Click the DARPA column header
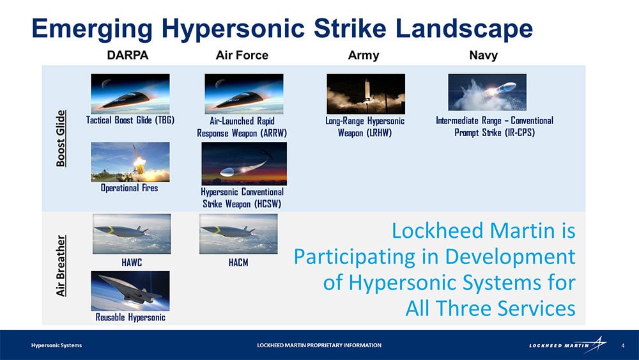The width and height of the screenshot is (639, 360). coord(128,55)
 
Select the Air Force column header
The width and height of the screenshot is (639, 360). coord(242,55)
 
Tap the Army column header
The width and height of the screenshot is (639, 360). coord(364,56)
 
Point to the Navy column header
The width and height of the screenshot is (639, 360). coord(483,56)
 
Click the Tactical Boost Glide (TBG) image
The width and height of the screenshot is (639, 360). coord(130,93)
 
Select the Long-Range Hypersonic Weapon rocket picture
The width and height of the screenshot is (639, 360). coord(366,94)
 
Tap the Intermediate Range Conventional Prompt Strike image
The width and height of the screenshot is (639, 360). coord(488,92)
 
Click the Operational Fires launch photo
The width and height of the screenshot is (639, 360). coord(130,162)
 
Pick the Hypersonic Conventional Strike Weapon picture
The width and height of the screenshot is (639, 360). coord(244,164)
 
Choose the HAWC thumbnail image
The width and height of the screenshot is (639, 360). coord(132,234)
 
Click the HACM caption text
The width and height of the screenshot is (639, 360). coord(238,263)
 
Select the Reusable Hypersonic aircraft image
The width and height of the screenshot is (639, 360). coord(130,291)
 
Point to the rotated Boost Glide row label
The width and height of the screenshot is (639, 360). coord(61,138)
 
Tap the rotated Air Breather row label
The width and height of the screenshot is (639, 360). coord(61,266)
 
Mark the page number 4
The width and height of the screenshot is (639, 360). coord(622,345)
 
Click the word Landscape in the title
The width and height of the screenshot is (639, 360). coord(464,29)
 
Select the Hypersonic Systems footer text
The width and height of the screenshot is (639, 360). coord(56,345)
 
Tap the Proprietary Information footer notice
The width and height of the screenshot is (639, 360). coord(319,345)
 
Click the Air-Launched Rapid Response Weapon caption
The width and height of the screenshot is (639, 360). coord(242,127)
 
